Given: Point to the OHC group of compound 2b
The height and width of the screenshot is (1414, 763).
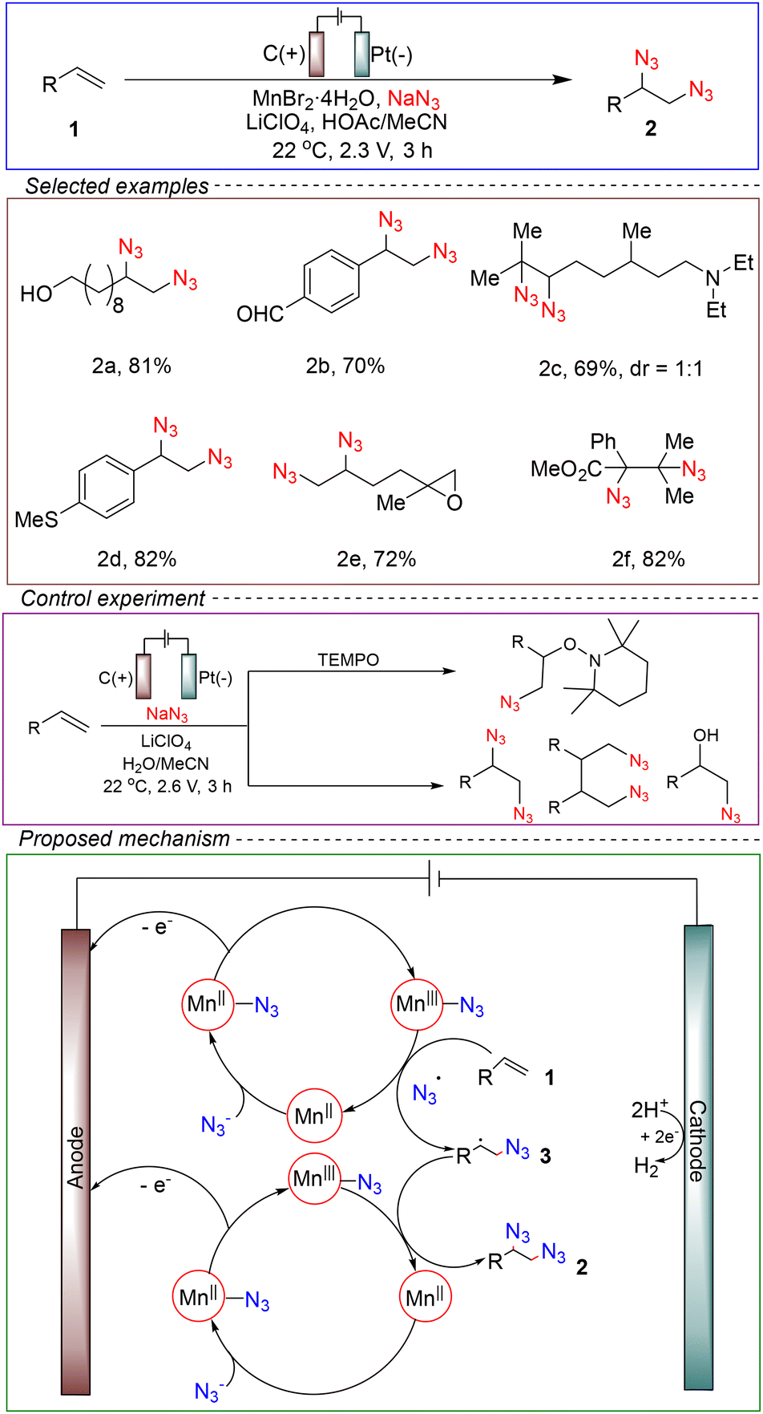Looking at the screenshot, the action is [260, 313].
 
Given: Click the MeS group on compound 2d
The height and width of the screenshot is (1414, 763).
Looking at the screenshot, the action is [37, 521].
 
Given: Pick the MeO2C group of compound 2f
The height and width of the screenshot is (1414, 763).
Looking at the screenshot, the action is [567, 468].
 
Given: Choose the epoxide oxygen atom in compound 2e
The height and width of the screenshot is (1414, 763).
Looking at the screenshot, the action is [454, 504].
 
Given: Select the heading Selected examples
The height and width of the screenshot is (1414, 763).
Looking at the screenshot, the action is [117, 187].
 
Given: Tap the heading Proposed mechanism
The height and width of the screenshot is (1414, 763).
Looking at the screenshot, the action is [124, 839].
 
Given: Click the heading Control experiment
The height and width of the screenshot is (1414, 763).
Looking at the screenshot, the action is [113, 598].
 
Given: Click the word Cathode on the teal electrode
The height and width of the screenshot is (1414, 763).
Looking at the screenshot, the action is [696, 1141].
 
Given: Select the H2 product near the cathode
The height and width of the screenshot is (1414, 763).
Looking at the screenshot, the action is [646, 1165].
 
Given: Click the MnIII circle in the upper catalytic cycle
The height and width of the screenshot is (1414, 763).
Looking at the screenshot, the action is [417, 1003].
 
